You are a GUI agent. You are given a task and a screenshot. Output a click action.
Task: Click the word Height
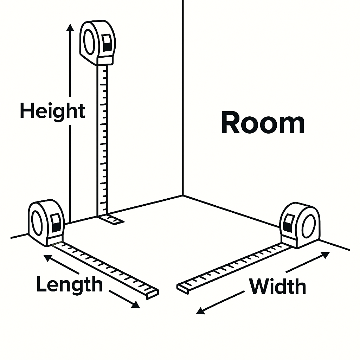coord(52,111)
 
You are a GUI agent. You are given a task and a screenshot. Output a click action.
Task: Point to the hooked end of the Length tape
coord(153,294)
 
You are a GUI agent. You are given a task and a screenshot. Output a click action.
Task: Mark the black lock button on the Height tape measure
coord(107,44)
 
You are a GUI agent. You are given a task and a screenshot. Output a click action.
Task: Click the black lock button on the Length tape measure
coord(56,223)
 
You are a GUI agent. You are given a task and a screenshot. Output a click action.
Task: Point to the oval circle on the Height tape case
coord(89,41)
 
